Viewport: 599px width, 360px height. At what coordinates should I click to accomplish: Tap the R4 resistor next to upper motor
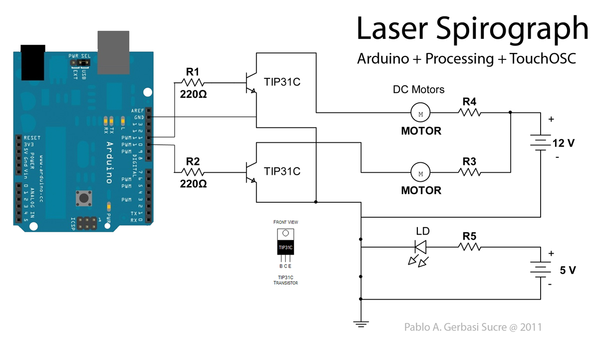tap(470, 113)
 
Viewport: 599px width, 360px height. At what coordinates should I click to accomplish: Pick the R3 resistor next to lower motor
tap(470, 172)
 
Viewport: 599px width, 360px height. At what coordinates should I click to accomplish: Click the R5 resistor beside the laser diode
tap(470, 246)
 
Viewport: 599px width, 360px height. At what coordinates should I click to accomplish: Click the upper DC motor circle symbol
tap(420, 113)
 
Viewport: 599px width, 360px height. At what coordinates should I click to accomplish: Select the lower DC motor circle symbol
tap(420, 173)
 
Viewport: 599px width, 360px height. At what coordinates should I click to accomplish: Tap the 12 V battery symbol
tap(541, 143)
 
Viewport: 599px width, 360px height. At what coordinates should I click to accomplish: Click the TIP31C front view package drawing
tap(286, 244)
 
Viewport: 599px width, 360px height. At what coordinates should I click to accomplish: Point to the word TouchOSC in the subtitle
tap(543, 59)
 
